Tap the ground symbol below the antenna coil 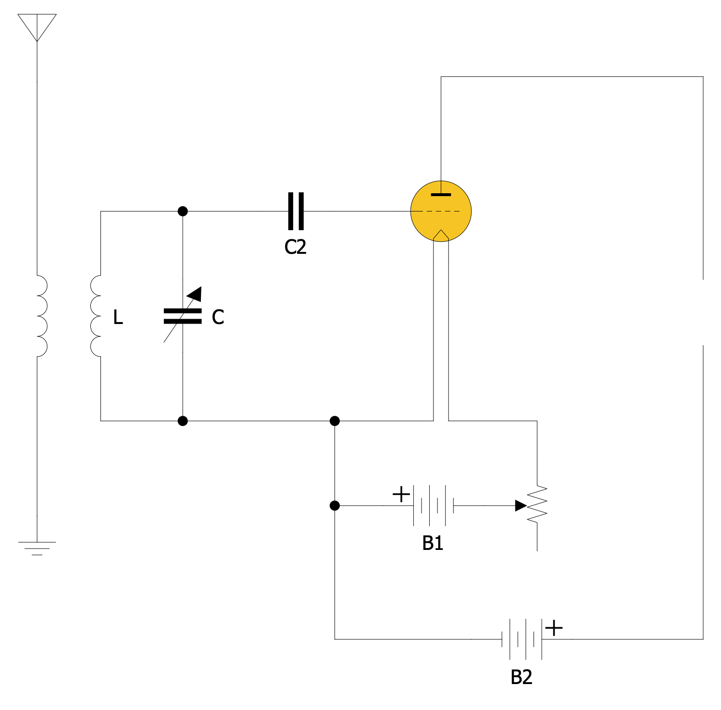tap(37, 548)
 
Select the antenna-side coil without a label tap(41, 316)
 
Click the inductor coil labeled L tap(95, 316)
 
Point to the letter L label tap(118, 317)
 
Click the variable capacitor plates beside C tap(183, 316)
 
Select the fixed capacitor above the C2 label tap(296, 211)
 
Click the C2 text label tap(295, 247)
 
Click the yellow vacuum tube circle tap(441, 211)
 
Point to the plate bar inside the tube tap(441, 195)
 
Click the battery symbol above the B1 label tap(433, 506)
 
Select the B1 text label tap(433, 543)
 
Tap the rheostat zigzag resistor tap(537, 505)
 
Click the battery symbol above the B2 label tap(522, 639)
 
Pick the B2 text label tap(522, 677)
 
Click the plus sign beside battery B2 tap(554, 628)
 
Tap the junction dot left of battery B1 tap(335, 506)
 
